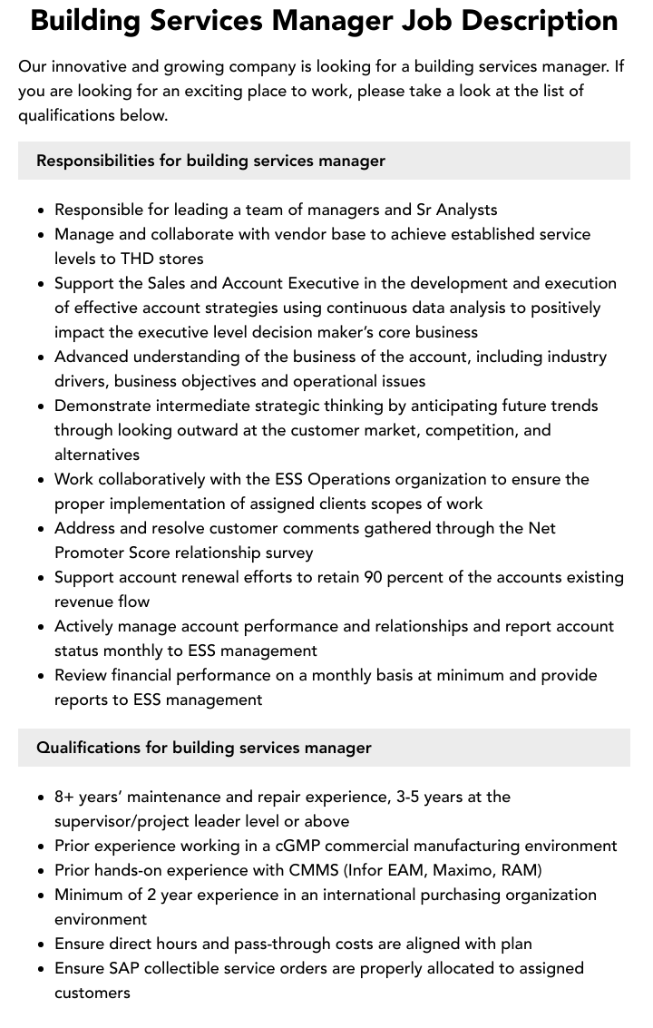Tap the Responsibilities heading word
94,161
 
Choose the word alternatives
97,455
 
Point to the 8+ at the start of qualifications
63,797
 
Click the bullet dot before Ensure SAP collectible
42,969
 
